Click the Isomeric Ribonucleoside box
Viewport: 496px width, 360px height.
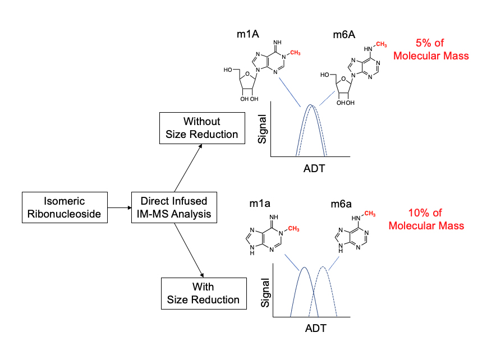coord(65,206)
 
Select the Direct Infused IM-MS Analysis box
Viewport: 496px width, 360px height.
coord(174,206)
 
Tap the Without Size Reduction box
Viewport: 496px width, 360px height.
coord(202,128)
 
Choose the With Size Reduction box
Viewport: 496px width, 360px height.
coord(203,293)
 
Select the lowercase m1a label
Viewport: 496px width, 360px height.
coord(261,202)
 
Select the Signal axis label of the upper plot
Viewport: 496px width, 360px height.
coord(261,130)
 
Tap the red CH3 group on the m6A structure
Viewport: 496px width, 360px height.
coord(381,44)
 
